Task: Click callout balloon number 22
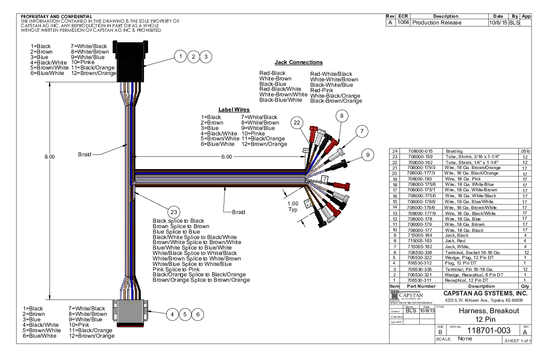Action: [x=297, y=122]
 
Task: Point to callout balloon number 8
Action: [x=342, y=116]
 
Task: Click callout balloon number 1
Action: [x=181, y=56]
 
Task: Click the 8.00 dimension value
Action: [x=50, y=157]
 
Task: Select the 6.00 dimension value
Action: [x=227, y=157]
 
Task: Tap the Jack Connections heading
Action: [x=298, y=62]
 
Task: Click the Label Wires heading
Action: [x=234, y=110]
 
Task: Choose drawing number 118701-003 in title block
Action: [x=482, y=330]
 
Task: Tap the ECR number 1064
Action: [x=403, y=23]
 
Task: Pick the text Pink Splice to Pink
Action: [x=170, y=270]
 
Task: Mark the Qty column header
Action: [x=525, y=286]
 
